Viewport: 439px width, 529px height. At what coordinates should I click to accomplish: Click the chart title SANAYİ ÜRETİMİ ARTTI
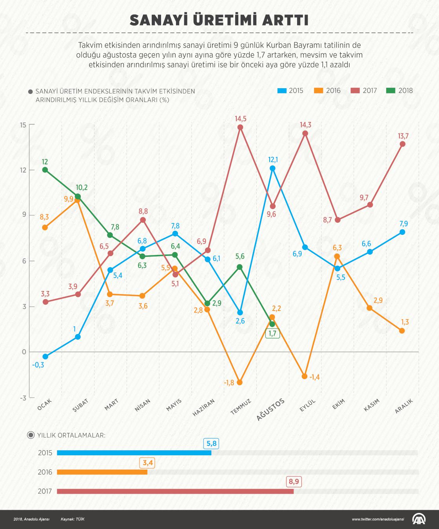click(219, 20)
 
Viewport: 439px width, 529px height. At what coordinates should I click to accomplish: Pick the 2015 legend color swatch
click(282, 91)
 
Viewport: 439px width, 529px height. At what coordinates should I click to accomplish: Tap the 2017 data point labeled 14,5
click(240, 127)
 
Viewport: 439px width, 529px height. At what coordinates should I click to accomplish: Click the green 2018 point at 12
click(45, 170)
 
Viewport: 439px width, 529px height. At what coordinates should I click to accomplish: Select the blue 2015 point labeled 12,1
click(272, 168)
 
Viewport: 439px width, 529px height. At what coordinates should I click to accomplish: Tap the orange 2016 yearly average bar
click(102, 472)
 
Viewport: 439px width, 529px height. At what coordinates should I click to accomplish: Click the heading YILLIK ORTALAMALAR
click(71, 435)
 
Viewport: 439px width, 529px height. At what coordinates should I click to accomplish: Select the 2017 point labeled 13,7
click(403, 144)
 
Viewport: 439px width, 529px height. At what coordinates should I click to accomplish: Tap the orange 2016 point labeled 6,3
click(337, 256)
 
